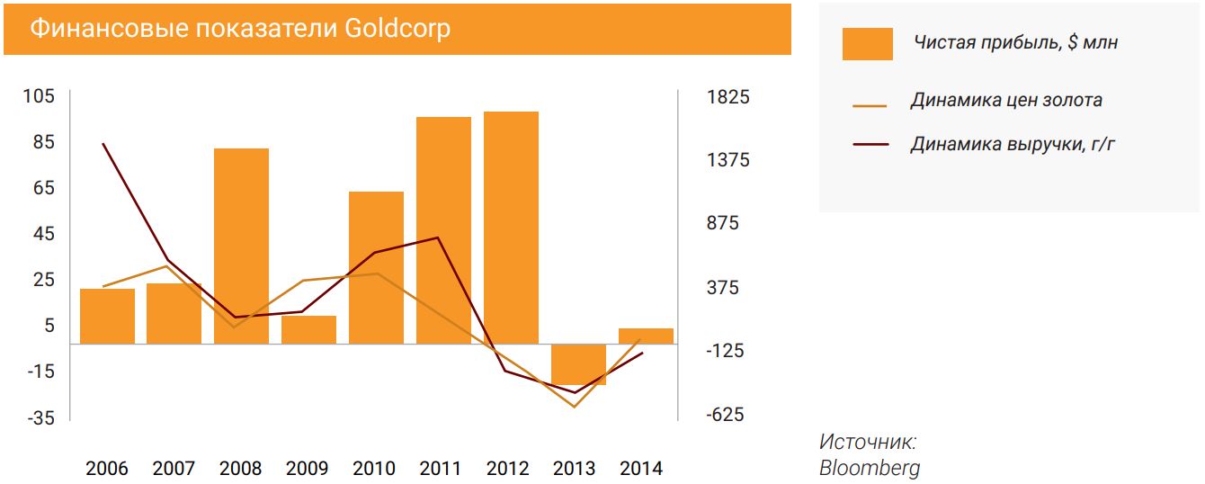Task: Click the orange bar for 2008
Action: click(241, 246)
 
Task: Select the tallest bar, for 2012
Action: click(511, 228)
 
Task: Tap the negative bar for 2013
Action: click(578, 364)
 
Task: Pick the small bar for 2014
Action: click(646, 336)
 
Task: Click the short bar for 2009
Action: click(308, 329)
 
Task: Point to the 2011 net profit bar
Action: click(443, 230)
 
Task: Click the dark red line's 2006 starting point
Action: click(103, 144)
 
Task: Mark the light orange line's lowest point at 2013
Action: click(574, 407)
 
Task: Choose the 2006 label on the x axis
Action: click(107, 469)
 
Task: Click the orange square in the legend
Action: click(867, 43)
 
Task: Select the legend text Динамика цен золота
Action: click(1005, 100)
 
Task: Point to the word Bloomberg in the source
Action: click(869, 468)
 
